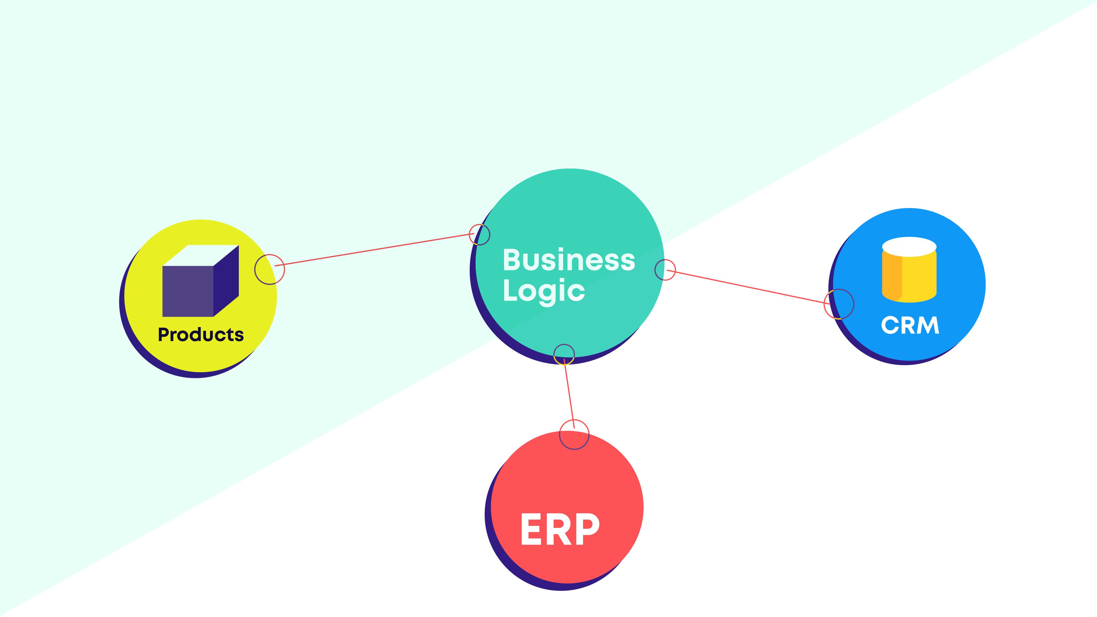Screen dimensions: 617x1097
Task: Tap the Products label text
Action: tap(201, 335)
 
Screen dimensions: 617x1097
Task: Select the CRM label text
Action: tap(910, 325)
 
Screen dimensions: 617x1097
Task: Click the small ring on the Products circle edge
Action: tap(270, 269)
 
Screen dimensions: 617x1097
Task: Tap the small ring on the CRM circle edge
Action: tap(839, 304)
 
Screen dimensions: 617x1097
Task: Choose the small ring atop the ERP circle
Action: tap(574, 434)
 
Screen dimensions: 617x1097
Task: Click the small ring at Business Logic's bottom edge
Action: tap(564, 354)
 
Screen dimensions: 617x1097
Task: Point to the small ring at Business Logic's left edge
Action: tap(480, 234)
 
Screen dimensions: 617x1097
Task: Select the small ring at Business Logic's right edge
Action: tap(665, 270)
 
